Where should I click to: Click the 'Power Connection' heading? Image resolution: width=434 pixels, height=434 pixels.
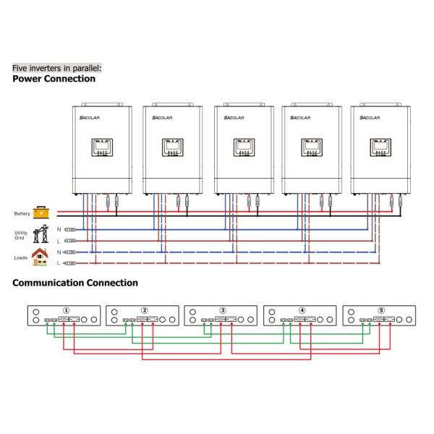(x=54, y=79)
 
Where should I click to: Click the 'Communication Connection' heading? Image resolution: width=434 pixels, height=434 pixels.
(x=75, y=283)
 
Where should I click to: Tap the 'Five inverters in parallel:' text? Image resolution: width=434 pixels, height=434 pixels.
(x=57, y=68)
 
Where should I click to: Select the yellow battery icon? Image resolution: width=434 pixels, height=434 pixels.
(x=43, y=213)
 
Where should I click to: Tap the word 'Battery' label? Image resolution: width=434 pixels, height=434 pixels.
(x=22, y=213)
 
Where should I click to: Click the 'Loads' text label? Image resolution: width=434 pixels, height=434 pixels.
(x=21, y=258)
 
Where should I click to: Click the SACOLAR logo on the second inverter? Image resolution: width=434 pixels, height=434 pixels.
(x=163, y=117)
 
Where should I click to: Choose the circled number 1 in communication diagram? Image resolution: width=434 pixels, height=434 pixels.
(x=67, y=310)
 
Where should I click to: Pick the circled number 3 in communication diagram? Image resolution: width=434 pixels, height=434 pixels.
(x=223, y=310)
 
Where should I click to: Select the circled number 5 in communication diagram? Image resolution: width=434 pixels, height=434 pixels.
(x=380, y=310)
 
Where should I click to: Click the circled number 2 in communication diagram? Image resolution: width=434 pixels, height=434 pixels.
(x=145, y=310)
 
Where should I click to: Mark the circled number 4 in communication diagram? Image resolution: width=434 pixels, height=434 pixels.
(x=302, y=310)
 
